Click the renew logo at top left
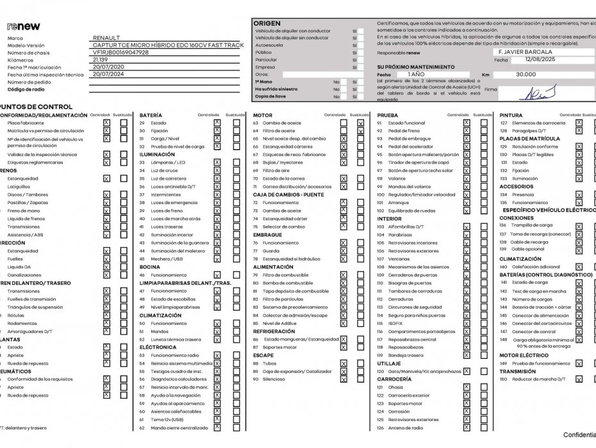[24, 26]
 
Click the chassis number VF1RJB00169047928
[120, 53]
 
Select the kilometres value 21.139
[100, 60]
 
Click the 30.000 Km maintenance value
[526, 74]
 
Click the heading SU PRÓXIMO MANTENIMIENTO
[416, 67]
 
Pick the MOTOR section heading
[263, 115]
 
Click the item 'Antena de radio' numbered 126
[405, 427]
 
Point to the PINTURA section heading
[511, 115]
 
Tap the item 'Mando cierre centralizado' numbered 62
[179, 427]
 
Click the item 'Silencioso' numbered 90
[274, 379]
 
